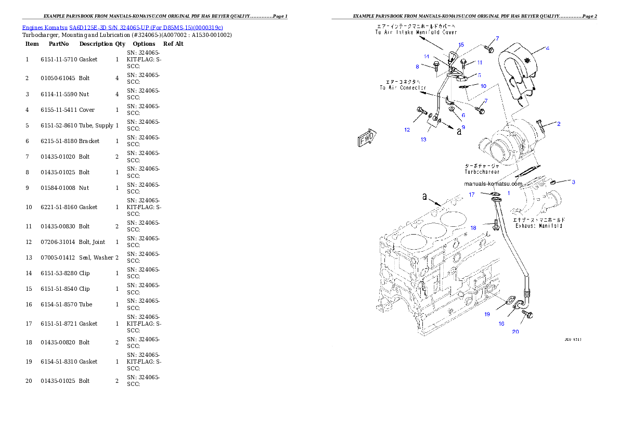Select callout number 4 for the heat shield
pyautogui.click(x=547, y=48)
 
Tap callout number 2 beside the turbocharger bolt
pyautogui.click(x=559, y=124)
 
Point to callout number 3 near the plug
pyautogui.click(x=573, y=182)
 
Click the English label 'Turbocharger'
pyautogui.click(x=482, y=172)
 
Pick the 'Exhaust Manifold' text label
pyautogui.click(x=538, y=226)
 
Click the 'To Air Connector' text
pyautogui.click(x=403, y=88)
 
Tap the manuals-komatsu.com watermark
pyautogui.click(x=493, y=184)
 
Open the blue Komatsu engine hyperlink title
pyautogui.click(x=122, y=27)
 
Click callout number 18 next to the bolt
pyautogui.click(x=473, y=228)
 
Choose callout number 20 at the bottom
pyautogui.click(x=515, y=332)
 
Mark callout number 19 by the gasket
pyautogui.click(x=487, y=314)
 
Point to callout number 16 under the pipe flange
pyautogui.click(x=501, y=324)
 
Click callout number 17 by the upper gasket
pyautogui.click(x=472, y=195)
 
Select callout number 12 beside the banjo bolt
pyautogui.click(x=407, y=130)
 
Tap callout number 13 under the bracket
pyautogui.click(x=423, y=139)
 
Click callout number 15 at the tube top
pyautogui.click(x=461, y=45)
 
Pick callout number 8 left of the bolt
pyautogui.click(x=417, y=67)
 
